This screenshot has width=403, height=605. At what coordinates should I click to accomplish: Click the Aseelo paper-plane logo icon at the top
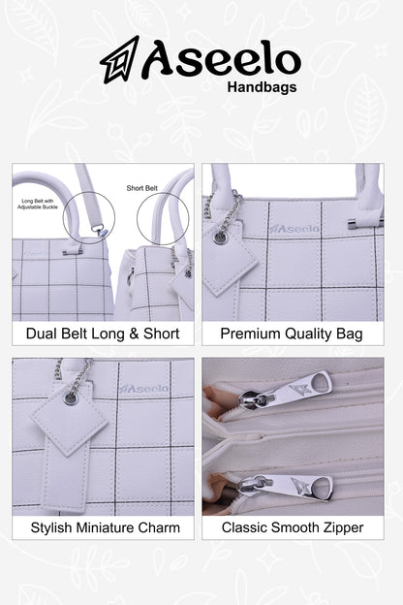[119, 59]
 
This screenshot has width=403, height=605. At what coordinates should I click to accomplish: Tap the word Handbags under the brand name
[262, 87]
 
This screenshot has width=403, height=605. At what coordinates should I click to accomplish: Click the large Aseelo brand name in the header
[222, 59]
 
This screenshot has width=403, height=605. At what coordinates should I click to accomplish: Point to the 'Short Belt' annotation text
[141, 188]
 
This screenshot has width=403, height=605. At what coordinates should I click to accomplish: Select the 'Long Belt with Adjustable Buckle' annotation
[38, 205]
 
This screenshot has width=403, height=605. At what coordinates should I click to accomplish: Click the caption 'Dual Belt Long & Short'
[103, 334]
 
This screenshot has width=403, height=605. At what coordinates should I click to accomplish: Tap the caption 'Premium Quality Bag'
[292, 334]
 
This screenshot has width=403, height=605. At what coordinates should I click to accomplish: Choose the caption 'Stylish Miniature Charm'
[106, 527]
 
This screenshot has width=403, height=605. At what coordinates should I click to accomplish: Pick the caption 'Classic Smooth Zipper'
[293, 527]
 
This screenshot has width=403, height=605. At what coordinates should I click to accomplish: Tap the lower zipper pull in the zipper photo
[285, 486]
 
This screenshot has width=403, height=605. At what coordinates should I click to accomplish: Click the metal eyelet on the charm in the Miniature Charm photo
[70, 398]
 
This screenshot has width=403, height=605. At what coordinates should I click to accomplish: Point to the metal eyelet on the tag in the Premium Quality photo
[220, 238]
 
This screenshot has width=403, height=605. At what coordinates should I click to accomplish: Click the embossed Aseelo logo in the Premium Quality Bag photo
[294, 230]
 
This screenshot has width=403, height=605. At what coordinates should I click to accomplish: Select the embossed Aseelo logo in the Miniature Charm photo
[143, 389]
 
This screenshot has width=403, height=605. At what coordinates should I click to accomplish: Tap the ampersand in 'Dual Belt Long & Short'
[134, 334]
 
